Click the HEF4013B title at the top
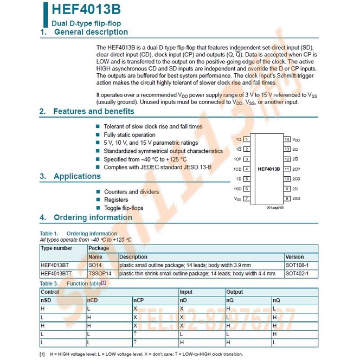[86, 10]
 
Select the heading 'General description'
[92, 33]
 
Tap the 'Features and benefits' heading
[93, 111]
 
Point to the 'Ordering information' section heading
[93, 217]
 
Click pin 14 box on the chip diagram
[287, 139]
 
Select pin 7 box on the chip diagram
[247, 198]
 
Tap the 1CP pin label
[237, 159]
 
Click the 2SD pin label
[296, 198]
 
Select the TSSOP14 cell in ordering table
[99, 274]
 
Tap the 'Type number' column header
[56, 248]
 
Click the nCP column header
[139, 300]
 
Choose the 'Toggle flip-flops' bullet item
[124, 208]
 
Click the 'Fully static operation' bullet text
[130, 134]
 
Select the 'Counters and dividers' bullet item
[131, 191]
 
